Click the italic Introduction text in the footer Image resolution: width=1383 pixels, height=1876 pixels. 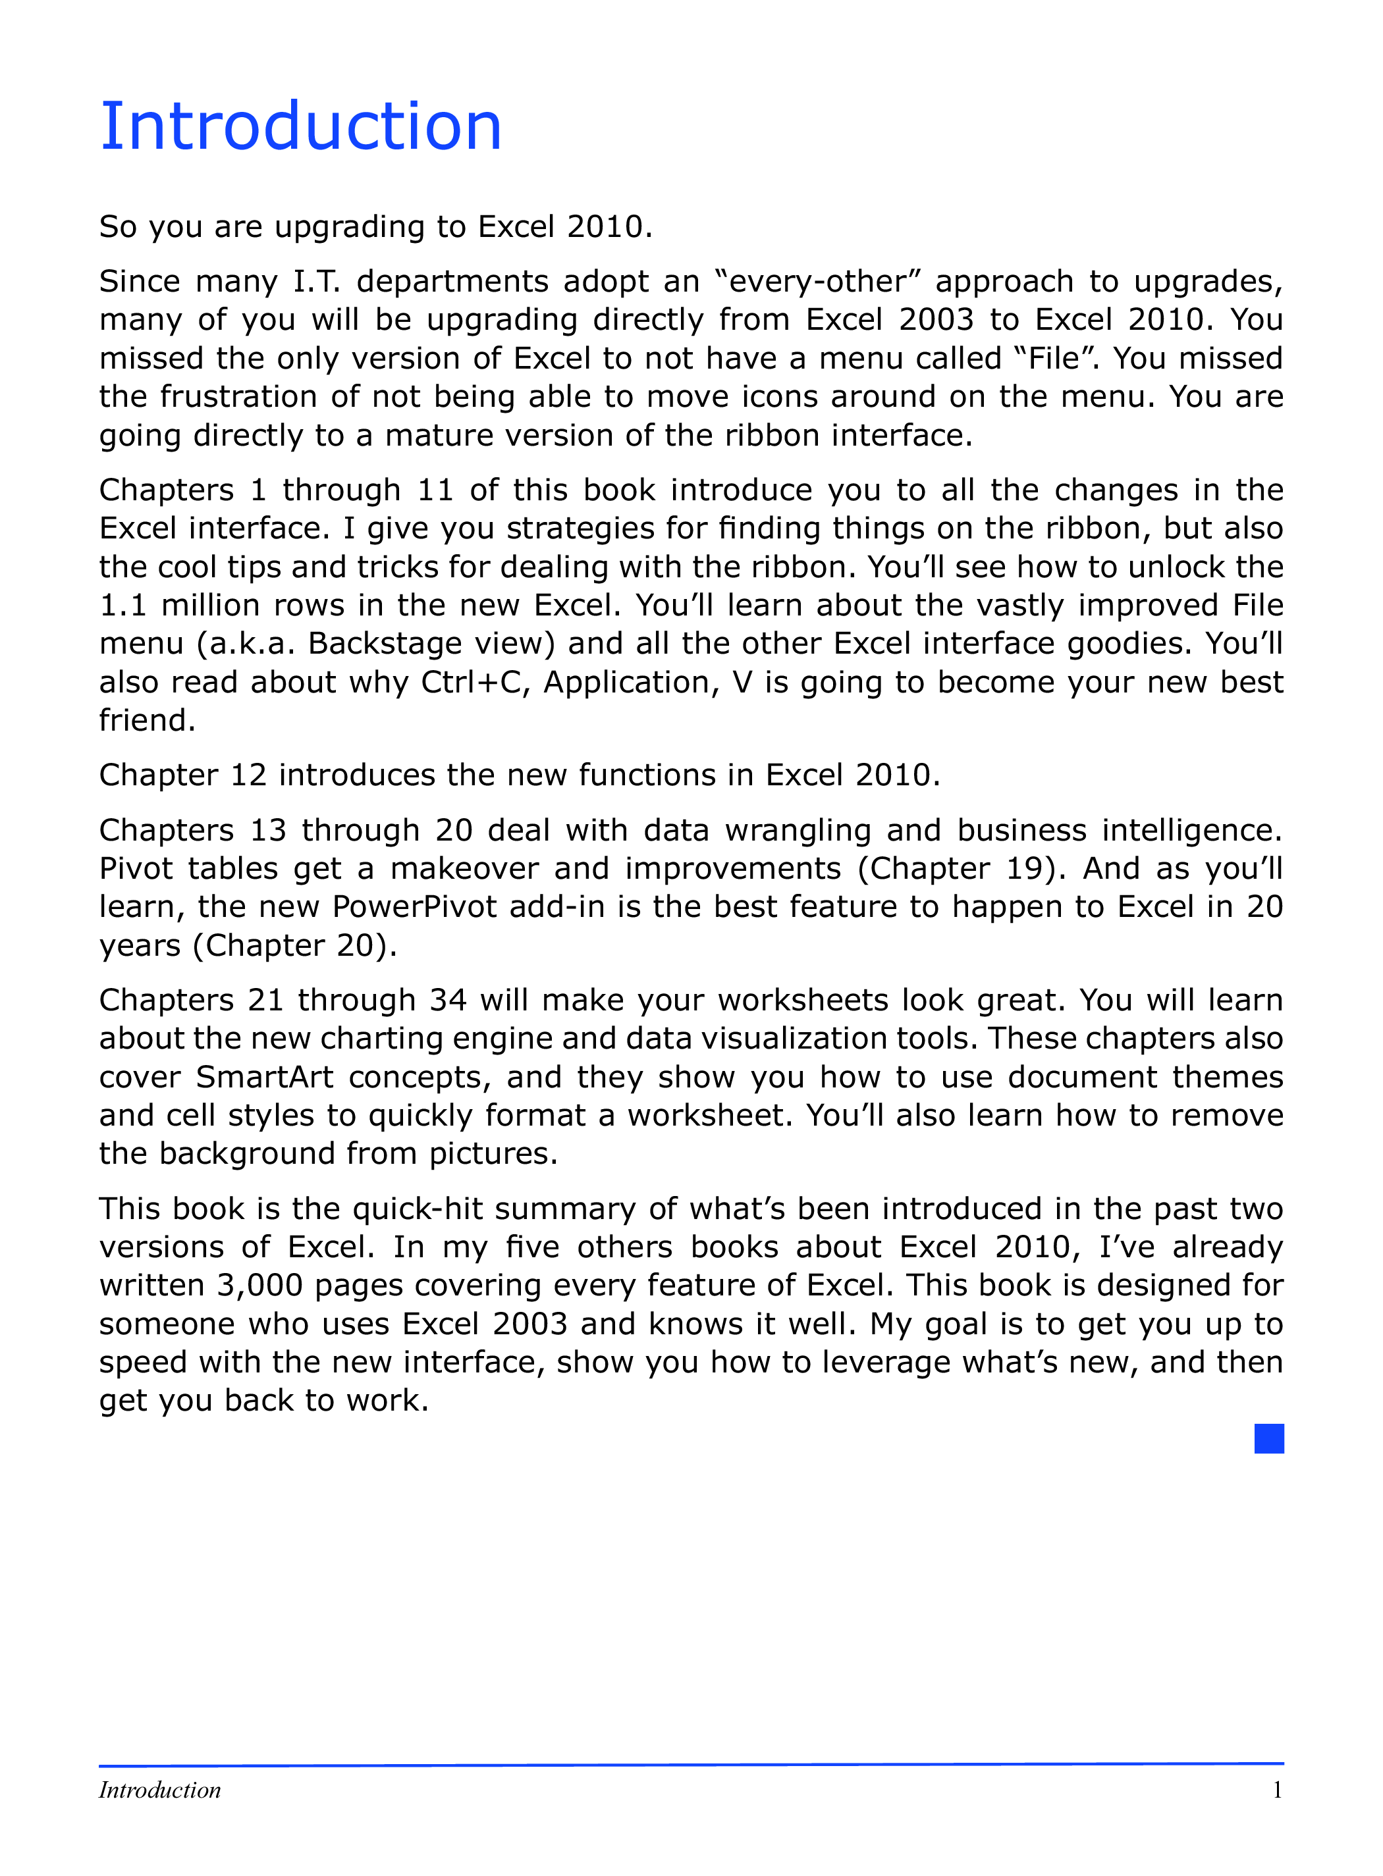(160, 1790)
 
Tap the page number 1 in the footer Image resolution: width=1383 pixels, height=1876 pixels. (1277, 1790)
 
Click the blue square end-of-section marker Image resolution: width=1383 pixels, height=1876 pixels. (1268, 1438)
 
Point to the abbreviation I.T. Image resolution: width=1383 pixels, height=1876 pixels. (317, 281)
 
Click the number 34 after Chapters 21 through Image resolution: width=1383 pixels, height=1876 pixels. (448, 1000)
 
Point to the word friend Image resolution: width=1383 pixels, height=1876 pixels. (146, 720)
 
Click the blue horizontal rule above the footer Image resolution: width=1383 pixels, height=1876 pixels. (691, 1764)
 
